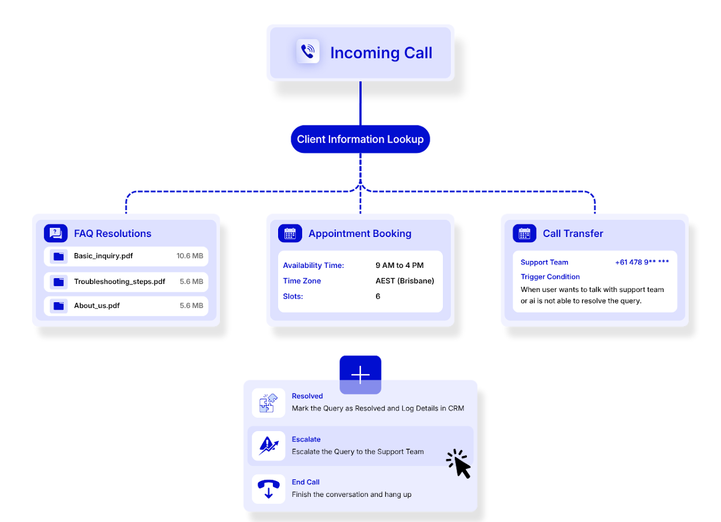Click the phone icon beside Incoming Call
(x=308, y=52)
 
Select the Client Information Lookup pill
(x=360, y=139)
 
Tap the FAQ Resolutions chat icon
(x=56, y=233)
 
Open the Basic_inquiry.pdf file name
(x=103, y=256)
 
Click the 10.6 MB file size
(x=189, y=256)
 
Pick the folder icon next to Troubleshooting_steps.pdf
(x=58, y=282)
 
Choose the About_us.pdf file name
(x=97, y=306)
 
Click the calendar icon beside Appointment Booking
(x=290, y=233)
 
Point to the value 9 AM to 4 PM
(x=399, y=266)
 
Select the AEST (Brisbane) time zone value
(x=405, y=281)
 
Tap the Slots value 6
(x=378, y=296)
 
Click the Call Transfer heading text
(x=573, y=234)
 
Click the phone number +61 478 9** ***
(x=642, y=262)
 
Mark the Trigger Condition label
(x=550, y=276)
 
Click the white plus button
(x=360, y=375)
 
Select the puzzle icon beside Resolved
(x=268, y=403)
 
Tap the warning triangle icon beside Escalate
(x=268, y=446)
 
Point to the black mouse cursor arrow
(x=459, y=464)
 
